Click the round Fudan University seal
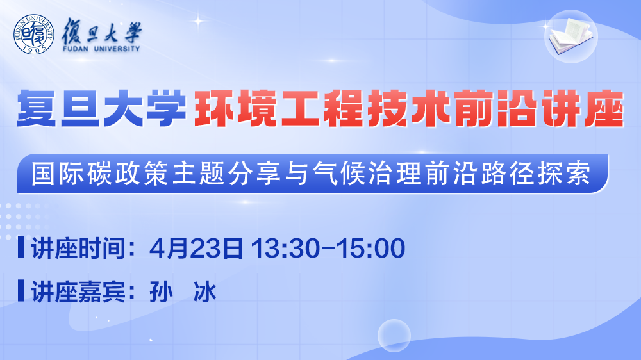[x=33, y=35]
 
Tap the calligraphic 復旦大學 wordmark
[x=101, y=31]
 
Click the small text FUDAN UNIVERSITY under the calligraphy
[x=101, y=49]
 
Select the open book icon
[x=571, y=36]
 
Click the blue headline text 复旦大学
[x=101, y=109]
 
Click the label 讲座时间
[x=78, y=248]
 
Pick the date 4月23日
[x=196, y=248]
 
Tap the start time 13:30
[x=286, y=248]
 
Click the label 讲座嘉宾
[x=78, y=291]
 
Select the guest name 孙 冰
[x=183, y=291]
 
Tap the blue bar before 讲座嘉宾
[x=21, y=291]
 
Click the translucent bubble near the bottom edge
[x=394, y=336]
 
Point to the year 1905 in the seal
[x=34, y=49]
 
